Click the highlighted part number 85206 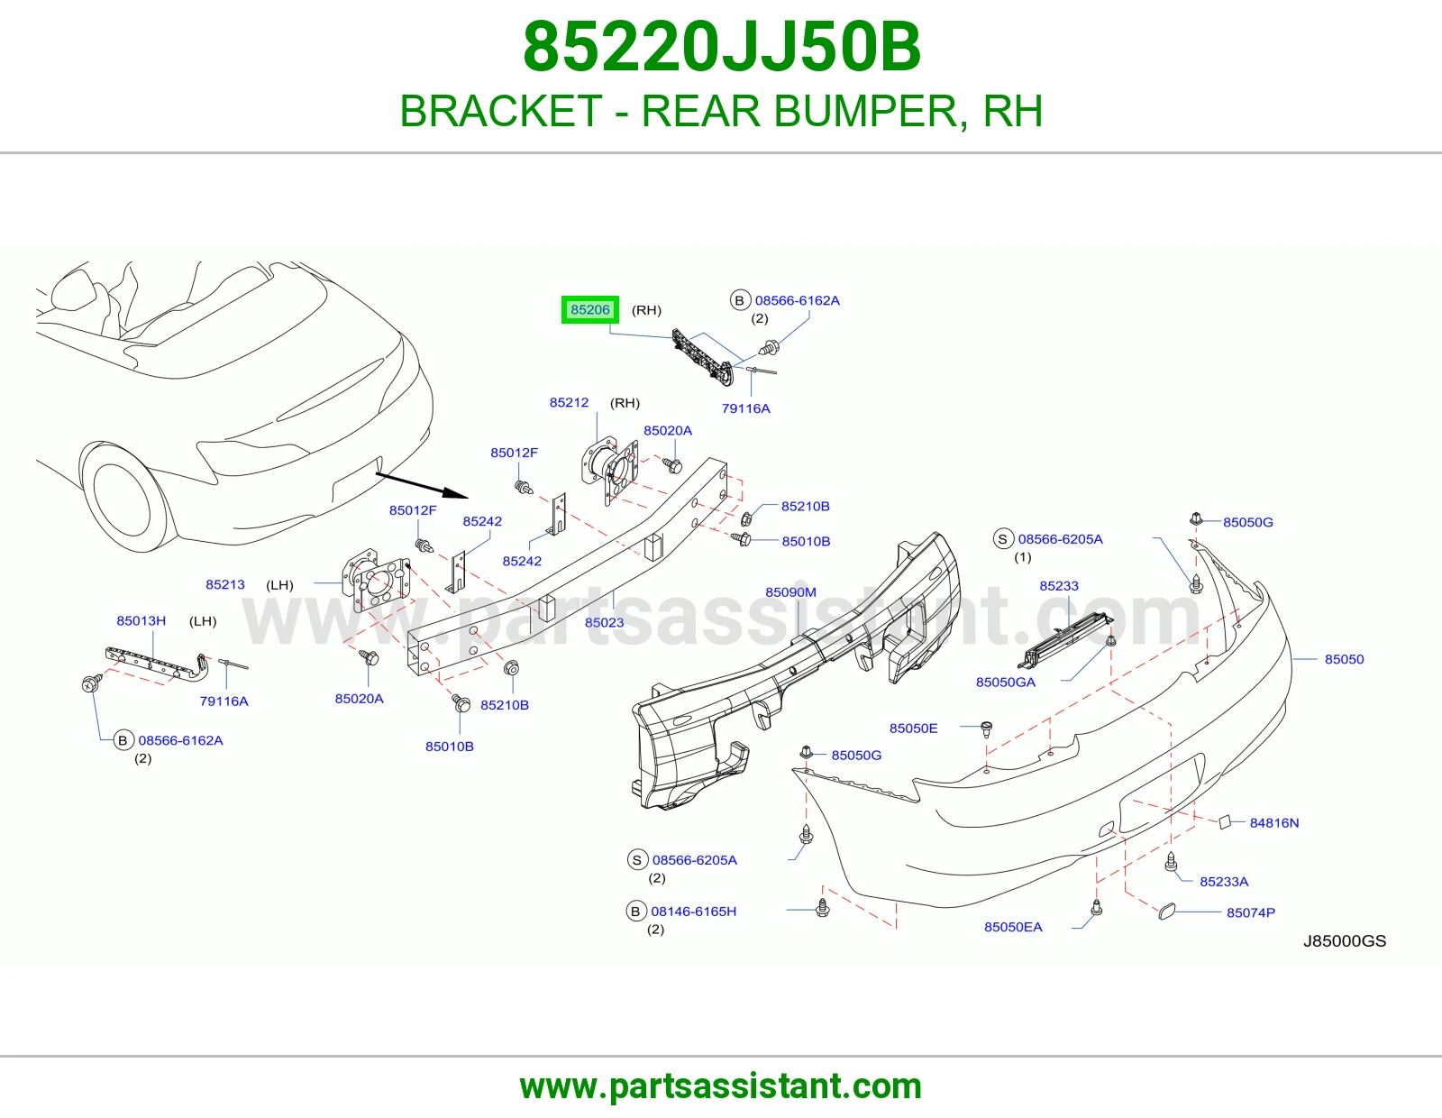pos(590,309)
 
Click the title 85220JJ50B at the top pos(721,47)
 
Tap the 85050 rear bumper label pos(1344,659)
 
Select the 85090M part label pos(790,592)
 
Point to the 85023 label pos(604,623)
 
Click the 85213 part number pos(225,584)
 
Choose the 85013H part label pos(141,620)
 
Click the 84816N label pos(1274,823)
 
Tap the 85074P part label pos(1251,912)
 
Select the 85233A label pos(1224,882)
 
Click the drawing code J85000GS pos(1345,940)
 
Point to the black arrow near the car pos(422,485)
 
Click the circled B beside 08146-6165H pos(635,912)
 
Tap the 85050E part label pos(913,729)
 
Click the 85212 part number pos(569,402)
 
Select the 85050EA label pos(1013,927)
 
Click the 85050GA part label pos(1006,682)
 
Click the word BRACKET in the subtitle pos(501,111)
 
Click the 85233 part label pos(1058,585)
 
